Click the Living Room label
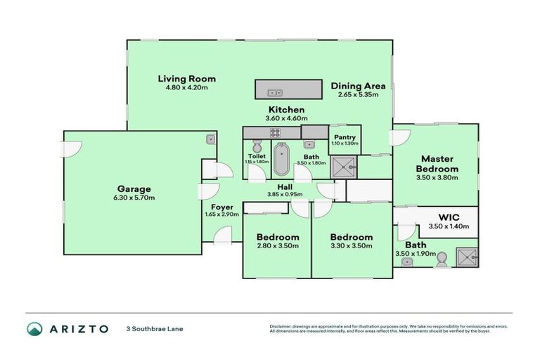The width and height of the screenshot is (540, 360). pos(186,79)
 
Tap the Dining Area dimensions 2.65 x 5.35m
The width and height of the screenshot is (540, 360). pos(358,94)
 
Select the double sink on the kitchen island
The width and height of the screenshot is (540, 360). pos(274,90)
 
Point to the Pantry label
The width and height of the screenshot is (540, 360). pos(345,137)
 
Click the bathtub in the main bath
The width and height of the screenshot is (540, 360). pos(281,160)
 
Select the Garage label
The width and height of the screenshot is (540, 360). pos(134,188)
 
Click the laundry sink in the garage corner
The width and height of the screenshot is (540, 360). pos(210,139)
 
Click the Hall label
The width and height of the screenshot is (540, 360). pos(285,186)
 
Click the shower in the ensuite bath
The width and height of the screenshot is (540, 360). pos(464,258)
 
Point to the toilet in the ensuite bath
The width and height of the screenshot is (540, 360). pos(441,260)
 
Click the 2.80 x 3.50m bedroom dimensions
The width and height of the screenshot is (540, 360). pos(278,246)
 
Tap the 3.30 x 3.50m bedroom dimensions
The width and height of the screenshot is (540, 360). pos(351,246)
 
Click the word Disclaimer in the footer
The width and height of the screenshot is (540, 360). pos(282,326)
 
